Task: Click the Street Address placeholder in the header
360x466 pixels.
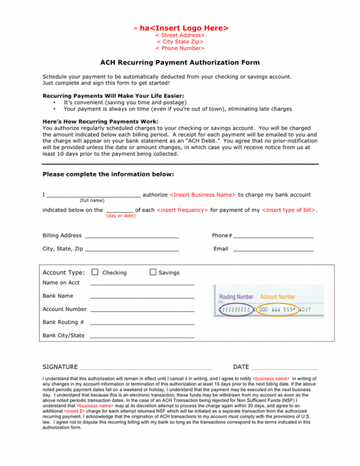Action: pyautogui.click(x=180, y=35)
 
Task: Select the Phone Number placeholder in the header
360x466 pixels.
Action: pyautogui.click(x=180, y=48)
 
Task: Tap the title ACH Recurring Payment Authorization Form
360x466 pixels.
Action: pyautogui.click(x=180, y=63)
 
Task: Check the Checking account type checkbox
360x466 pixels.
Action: pyautogui.click(x=95, y=272)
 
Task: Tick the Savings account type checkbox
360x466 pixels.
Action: pyautogui.click(x=153, y=272)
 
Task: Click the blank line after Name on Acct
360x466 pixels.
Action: pyautogui.click(x=142, y=283)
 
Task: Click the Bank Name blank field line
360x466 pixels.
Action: pyautogui.click(x=142, y=297)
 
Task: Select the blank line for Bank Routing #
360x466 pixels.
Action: pyautogui.click(x=142, y=323)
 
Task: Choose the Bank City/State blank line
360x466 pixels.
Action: pyautogui.click(x=142, y=336)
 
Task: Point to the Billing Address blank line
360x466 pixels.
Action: pyautogui.click(x=132, y=236)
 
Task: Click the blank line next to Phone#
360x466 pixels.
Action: pyautogui.click(x=274, y=236)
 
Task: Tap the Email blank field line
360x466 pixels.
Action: pyautogui.click(x=274, y=250)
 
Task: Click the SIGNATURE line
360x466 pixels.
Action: pyautogui.click(x=146, y=368)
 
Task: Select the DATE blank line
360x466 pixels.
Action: pyautogui.click(x=284, y=368)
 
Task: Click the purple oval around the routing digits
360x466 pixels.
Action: pyautogui.click(x=235, y=310)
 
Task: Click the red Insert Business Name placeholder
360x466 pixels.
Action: pyautogui.click(x=202, y=195)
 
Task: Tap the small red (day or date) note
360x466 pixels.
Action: pyautogui.click(x=121, y=216)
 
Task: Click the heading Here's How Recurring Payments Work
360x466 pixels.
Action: pyautogui.click(x=101, y=121)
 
